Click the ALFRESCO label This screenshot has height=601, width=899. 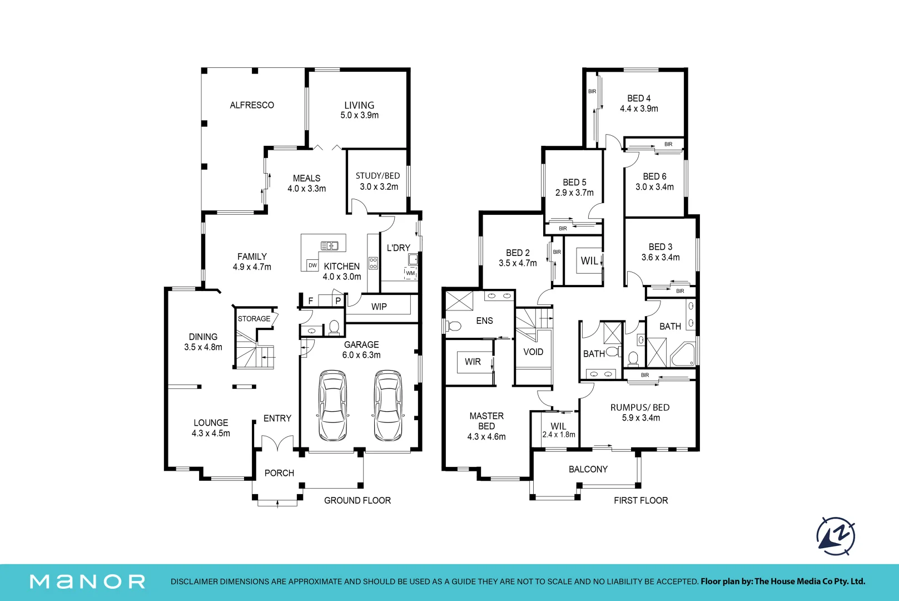click(252, 105)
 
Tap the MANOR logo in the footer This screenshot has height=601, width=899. click(87, 582)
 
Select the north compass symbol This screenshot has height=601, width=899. click(836, 536)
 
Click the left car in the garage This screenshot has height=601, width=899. click(332, 405)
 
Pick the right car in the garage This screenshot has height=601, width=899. click(388, 405)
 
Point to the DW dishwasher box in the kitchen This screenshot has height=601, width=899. click(312, 265)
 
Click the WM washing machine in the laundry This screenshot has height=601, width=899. click(410, 273)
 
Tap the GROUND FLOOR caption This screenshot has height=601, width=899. click(357, 501)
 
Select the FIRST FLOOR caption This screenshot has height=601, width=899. click(641, 501)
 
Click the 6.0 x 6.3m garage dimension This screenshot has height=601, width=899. click(361, 355)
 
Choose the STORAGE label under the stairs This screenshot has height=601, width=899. click(254, 318)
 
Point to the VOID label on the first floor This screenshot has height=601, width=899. click(533, 352)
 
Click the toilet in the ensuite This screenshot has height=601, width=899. click(453, 326)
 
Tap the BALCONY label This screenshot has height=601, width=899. click(588, 469)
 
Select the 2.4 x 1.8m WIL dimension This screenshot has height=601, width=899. click(559, 435)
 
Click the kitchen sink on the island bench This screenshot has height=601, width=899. click(330, 245)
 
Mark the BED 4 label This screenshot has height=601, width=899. click(639, 98)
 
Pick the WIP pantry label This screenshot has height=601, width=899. click(379, 307)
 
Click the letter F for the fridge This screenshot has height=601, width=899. click(311, 300)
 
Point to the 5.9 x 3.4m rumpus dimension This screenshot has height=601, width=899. click(641, 418)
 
